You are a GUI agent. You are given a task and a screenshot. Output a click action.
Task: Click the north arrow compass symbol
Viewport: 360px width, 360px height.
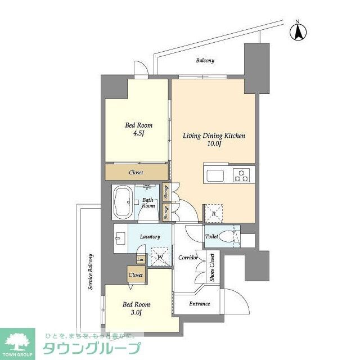pyautogui.click(x=297, y=31)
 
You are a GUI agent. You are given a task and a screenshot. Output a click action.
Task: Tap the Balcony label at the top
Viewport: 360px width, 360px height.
pyautogui.click(x=205, y=61)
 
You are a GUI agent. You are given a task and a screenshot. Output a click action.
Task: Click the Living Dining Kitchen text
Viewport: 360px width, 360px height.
pyautogui.click(x=213, y=136)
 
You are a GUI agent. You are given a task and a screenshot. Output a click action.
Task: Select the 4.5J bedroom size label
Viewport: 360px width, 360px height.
pyautogui.click(x=138, y=134)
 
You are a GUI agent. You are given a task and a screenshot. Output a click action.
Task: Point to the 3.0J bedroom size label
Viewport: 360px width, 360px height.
pyautogui.click(x=136, y=313)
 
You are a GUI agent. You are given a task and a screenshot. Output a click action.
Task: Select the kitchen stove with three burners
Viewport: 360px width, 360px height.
pyautogui.click(x=242, y=175)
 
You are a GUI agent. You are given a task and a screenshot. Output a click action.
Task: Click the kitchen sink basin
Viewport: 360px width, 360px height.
pyautogui.click(x=216, y=176)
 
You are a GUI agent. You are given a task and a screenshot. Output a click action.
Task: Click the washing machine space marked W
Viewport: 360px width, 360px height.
pyautogui.click(x=160, y=256)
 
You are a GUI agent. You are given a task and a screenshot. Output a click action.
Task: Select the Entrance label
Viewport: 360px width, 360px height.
pyautogui.click(x=199, y=304)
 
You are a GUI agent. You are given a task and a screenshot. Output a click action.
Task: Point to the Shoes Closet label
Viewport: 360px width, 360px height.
pyautogui.click(x=212, y=267)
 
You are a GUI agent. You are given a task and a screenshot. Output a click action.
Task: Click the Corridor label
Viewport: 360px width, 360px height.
pyautogui.click(x=188, y=258)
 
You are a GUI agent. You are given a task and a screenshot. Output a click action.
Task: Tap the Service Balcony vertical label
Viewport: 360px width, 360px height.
pyautogui.click(x=90, y=272)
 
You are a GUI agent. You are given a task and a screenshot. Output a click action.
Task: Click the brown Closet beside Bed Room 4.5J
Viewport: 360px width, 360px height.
pyautogui.click(x=136, y=172)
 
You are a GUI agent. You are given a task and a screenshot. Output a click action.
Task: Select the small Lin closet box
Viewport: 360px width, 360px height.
pyautogui.click(x=140, y=259)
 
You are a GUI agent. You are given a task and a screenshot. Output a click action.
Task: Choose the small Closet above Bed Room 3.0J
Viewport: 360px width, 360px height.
pyautogui.click(x=136, y=275)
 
